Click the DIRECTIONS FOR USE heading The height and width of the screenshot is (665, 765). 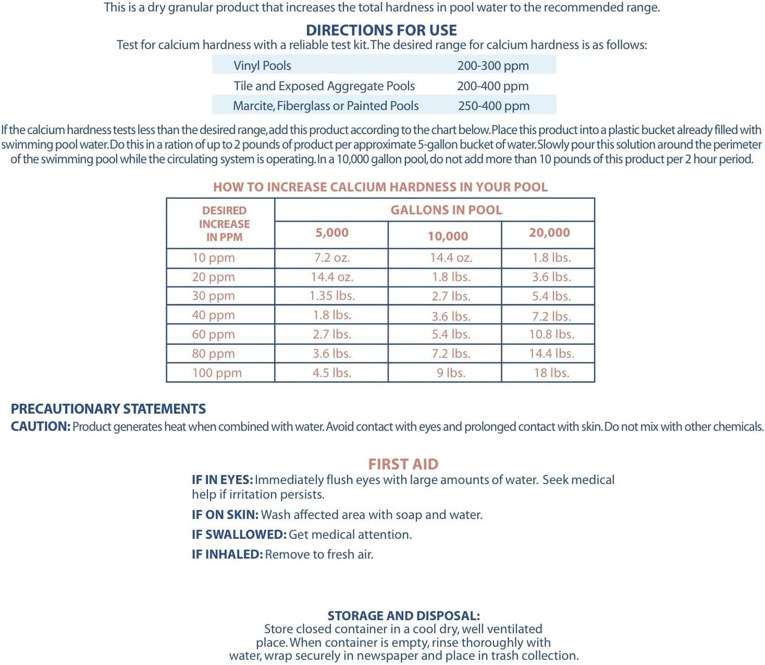(x=381, y=30)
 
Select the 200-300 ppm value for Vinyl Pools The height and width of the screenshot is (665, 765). (x=493, y=66)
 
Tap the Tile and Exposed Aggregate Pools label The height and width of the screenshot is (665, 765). (x=324, y=86)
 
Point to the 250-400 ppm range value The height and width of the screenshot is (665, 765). (x=493, y=106)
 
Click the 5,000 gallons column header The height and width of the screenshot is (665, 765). (x=331, y=233)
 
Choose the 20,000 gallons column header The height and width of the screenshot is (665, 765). (x=549, y=233)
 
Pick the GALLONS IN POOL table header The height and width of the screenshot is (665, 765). (x=446, y=210)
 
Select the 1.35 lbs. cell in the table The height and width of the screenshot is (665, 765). (x=332, y=296)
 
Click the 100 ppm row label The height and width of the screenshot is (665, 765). (x=217, y=373)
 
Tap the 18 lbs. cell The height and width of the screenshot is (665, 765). (x=551, y=373)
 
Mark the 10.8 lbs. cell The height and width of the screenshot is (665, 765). (x=551, y=334)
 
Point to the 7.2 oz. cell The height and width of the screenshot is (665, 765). (x=332, y=258)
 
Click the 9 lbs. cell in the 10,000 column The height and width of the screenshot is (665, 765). (x=451, y=373)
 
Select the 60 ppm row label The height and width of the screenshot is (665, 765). (x=213, y=334)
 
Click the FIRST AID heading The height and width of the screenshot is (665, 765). (x=403, y=464)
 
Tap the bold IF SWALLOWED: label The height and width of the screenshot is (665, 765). (x=239, y=535)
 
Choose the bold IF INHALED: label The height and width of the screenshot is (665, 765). (x=227, y=554)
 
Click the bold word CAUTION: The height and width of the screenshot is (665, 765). (x=41, y=427)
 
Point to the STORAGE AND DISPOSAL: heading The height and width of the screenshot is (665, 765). (x=404, y=616)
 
